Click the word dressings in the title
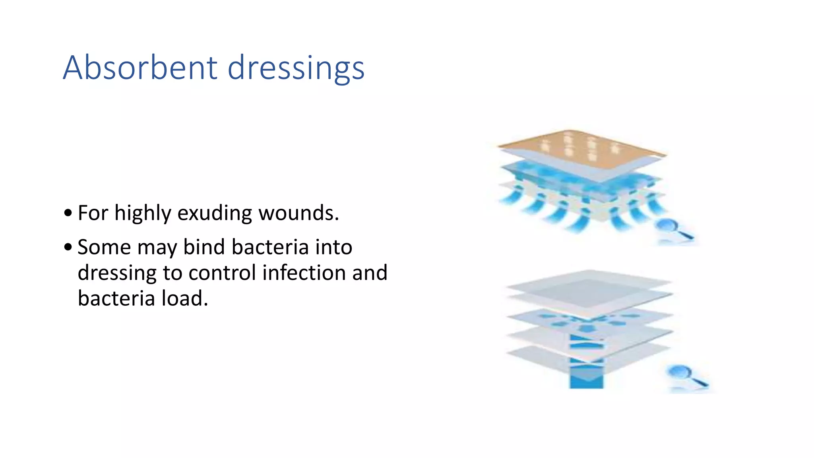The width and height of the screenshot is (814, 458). point(296,68)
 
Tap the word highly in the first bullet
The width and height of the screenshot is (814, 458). point(143,213)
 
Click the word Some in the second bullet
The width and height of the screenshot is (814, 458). point(104,247)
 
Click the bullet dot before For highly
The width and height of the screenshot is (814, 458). point(68,213)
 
